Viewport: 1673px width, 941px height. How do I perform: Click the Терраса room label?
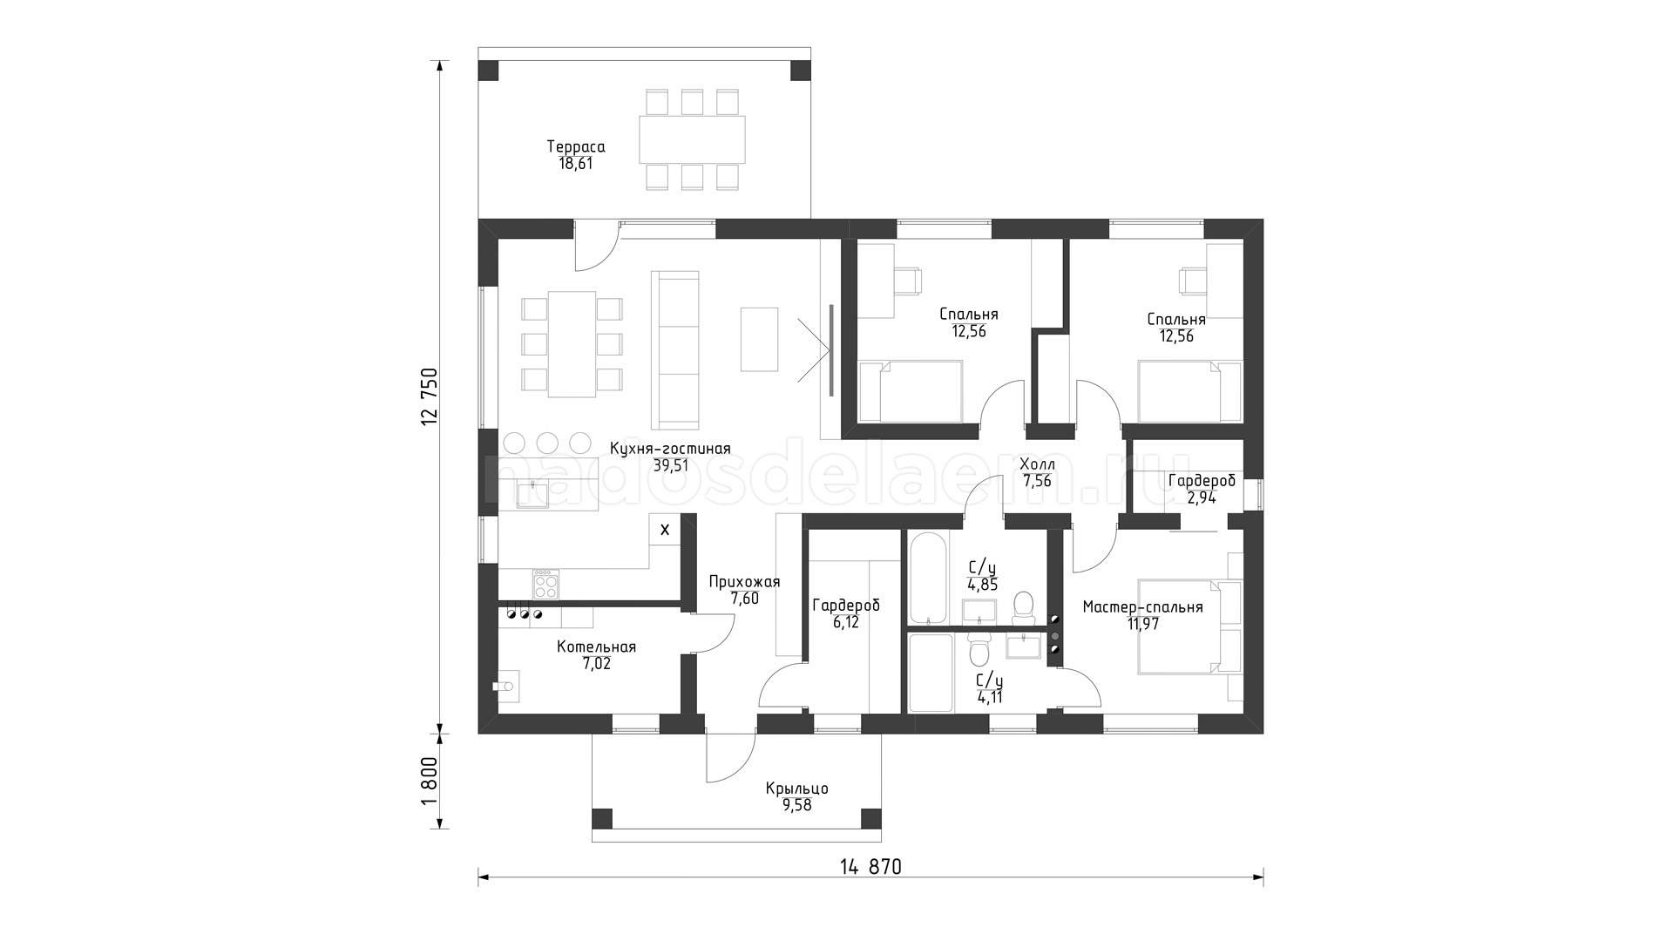tap(575, 147)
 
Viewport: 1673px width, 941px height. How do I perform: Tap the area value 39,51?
tap(670, 465)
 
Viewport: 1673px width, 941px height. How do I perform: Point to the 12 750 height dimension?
tap(429, 396)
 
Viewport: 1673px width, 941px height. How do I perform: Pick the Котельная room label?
tap(596, 647)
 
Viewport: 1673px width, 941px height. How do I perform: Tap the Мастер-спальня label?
tap(1142, 607)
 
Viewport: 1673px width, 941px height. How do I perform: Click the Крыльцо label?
tap(796, 789)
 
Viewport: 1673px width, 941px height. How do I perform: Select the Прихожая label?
tap(744, 582)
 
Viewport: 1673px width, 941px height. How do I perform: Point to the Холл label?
tap(1037, 465)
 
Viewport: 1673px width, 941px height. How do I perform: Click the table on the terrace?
tap(692, 139)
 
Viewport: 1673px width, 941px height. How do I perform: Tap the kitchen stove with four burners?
tap(546, 584)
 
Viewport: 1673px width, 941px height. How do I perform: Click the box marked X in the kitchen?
tap(665, 529)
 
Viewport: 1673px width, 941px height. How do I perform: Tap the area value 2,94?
tap(1201, 498)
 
